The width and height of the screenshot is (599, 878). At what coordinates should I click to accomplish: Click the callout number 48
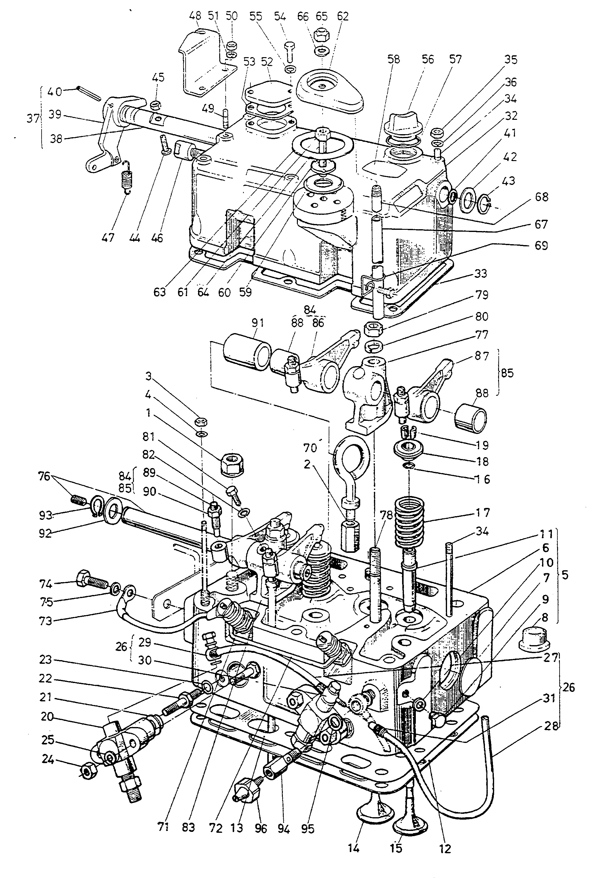(x=195, y=16)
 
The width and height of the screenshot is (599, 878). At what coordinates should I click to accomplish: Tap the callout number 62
(x=342, y=16)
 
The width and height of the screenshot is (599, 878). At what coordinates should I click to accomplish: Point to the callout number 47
(x=108, y=238)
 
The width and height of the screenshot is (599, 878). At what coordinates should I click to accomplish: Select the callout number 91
(x=258, y=323)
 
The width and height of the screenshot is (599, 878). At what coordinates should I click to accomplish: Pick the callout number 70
(x=310, y=448)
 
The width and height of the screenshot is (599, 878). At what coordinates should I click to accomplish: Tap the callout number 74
(x=45, y=584)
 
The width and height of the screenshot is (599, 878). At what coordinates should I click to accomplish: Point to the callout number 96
(x=261, y=829)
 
